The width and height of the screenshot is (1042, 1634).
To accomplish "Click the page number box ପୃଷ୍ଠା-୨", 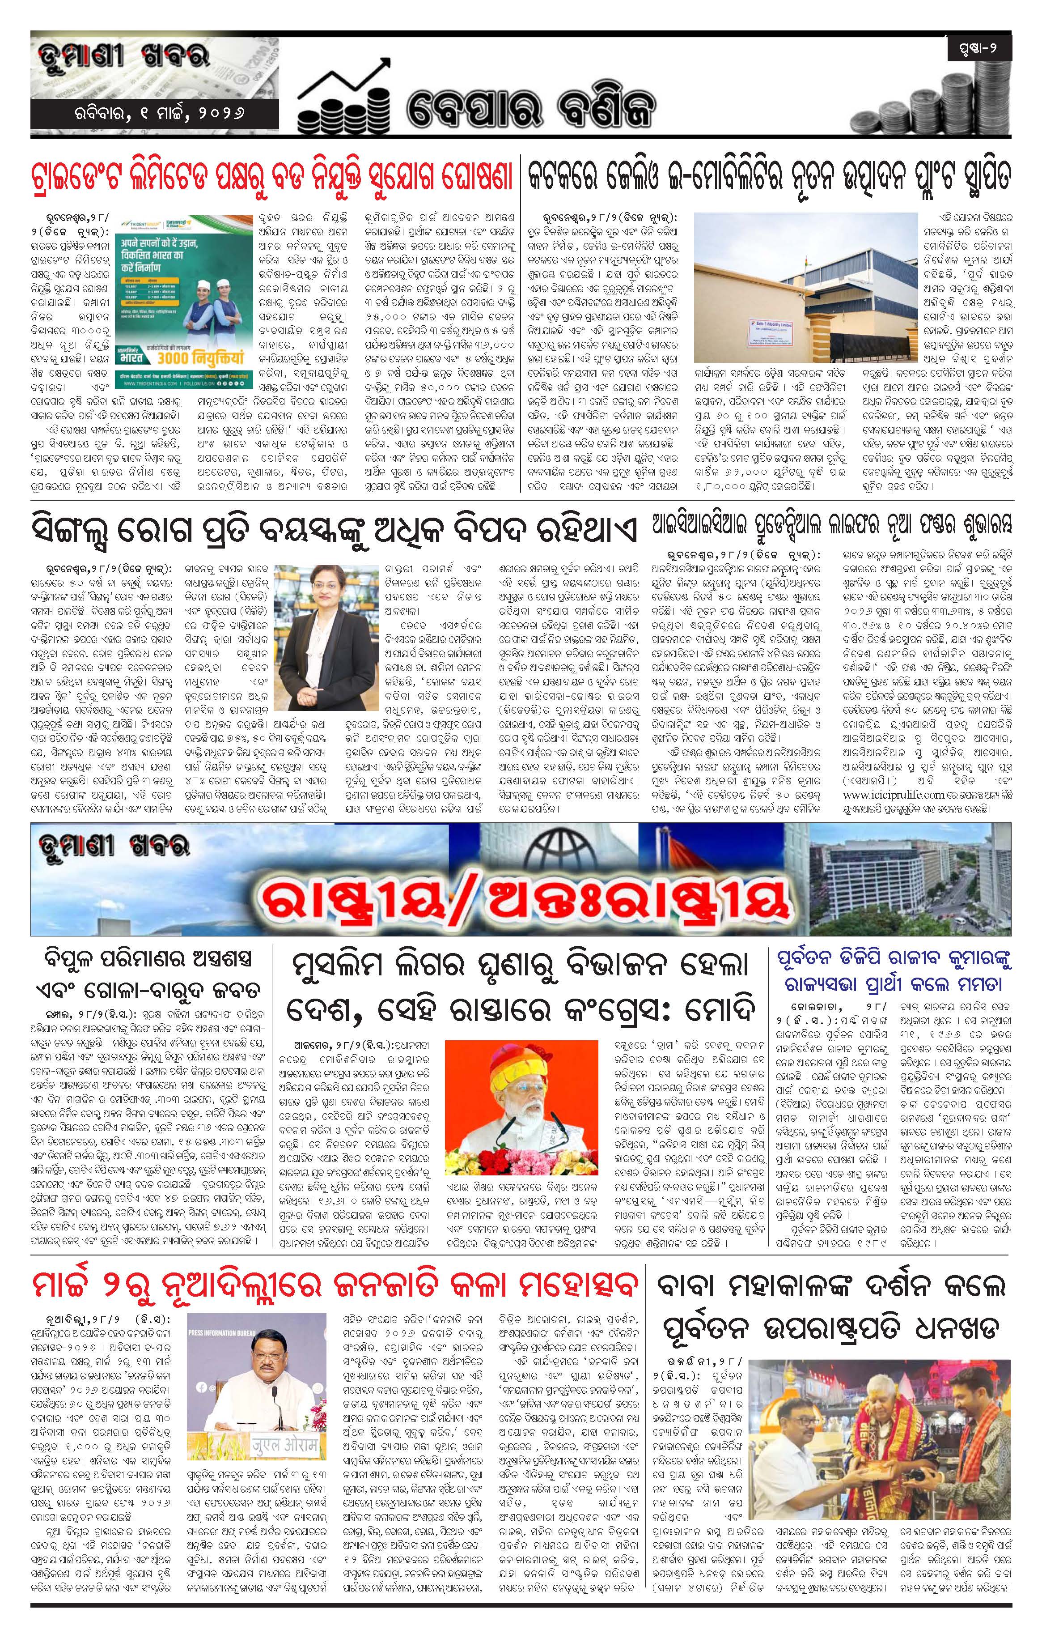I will [x=979, y=48].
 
